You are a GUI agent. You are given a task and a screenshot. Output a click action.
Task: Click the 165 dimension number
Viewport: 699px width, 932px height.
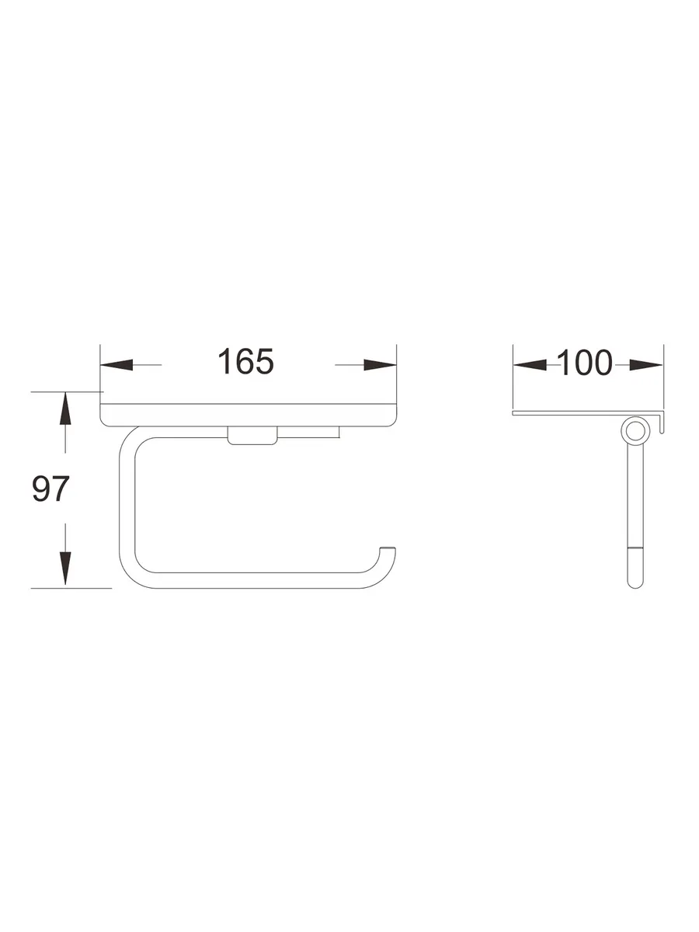pos(245,362)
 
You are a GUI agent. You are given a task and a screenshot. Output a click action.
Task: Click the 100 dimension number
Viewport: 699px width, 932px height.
pos(584,363)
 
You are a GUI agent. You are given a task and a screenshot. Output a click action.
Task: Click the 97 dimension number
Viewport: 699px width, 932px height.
pos(50,489)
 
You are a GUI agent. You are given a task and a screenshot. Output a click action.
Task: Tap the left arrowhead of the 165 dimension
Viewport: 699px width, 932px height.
pos(116,364)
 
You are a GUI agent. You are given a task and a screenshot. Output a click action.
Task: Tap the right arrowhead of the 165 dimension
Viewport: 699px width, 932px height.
pos(380,364)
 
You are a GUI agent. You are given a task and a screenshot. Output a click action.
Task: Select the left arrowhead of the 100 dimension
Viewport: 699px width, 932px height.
pos(530,364)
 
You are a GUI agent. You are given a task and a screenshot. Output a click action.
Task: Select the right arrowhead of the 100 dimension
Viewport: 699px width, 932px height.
pos(646,364)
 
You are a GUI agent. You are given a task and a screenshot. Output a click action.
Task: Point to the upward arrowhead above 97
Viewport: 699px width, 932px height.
pos(65,409)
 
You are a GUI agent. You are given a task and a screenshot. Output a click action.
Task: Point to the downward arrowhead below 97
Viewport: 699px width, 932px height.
pos(65,568)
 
